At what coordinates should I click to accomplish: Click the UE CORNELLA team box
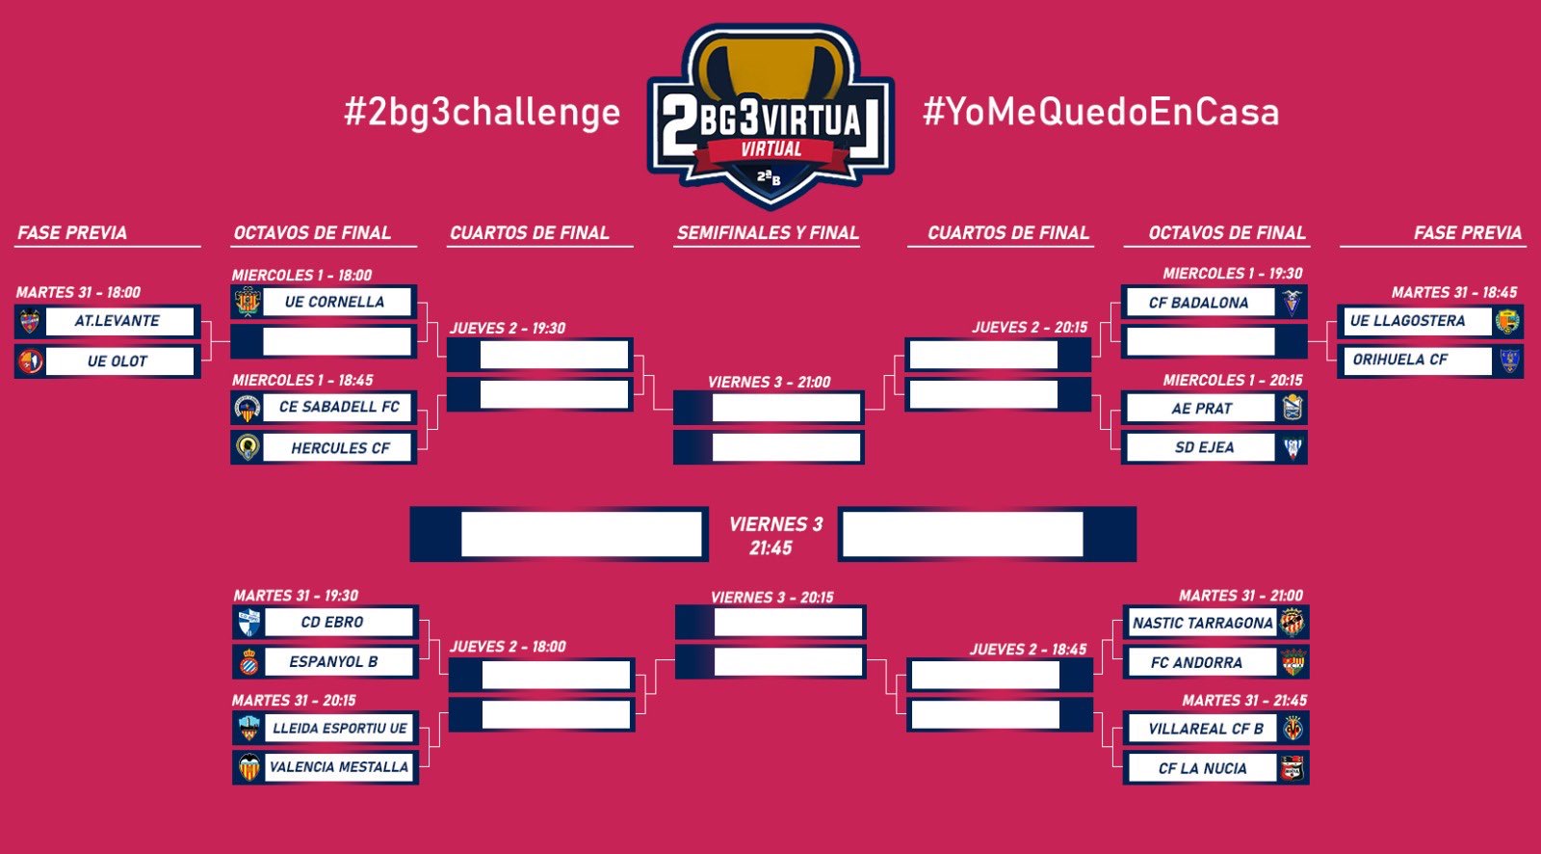point(324,302)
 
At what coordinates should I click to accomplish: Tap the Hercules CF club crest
point(248,447)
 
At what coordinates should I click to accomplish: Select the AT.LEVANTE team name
point(117,321)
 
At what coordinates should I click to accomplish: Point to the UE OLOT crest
point(30,360)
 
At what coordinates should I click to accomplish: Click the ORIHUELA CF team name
point(1400,360)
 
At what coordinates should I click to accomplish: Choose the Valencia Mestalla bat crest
point(249,766)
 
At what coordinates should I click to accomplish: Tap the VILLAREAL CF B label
point(1206,729)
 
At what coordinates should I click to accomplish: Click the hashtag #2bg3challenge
point(483,112)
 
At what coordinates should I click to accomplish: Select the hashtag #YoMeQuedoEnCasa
point(1101,112)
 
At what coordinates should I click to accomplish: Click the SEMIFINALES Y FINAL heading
point(768,233)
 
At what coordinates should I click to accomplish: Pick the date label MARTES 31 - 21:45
point(1244,701)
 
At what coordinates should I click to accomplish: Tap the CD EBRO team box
point(326,622)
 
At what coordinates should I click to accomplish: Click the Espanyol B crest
point(249,662)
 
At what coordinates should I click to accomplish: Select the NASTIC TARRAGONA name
point(1203,624)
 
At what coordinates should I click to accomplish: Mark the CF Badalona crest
point(1293,303)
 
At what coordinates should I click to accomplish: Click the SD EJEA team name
point(1204,447)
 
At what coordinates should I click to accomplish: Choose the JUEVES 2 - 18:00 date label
point(508,647)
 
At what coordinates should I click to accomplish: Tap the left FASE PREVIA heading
point(72,233)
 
